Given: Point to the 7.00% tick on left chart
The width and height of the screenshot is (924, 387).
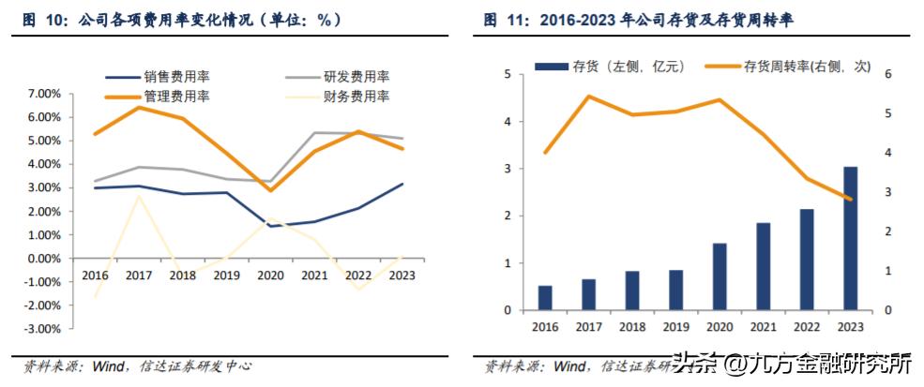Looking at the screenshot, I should pos(44,94).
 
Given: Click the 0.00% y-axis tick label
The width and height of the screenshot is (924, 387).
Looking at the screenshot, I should pos(44,259).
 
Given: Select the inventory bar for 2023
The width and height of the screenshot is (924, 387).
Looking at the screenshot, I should pos(849,238).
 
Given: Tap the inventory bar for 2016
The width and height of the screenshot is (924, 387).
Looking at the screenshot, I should pos(545,297).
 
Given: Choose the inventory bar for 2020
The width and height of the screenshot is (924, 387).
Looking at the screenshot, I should pos(719,276).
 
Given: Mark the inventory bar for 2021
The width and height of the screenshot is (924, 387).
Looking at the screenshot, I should pos(763,266).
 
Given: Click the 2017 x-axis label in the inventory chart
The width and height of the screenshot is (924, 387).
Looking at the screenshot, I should pos(588,326).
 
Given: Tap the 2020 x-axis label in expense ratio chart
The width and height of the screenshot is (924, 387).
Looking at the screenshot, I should pos(270,275).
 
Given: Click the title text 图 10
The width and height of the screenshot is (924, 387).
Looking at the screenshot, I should pos(43,19).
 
